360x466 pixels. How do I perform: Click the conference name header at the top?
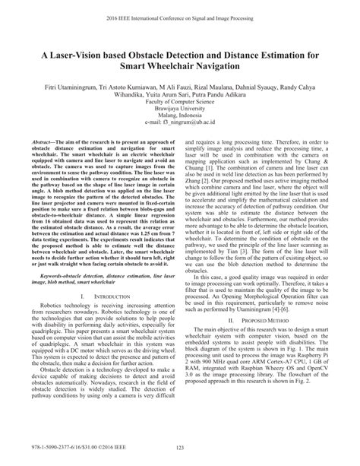pyautogui.click(x=180, y=13)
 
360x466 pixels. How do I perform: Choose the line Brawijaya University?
pyautogui.click(x=180, y=109)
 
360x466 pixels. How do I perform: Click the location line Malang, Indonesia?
pyautogui.click(x=180, y=116)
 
